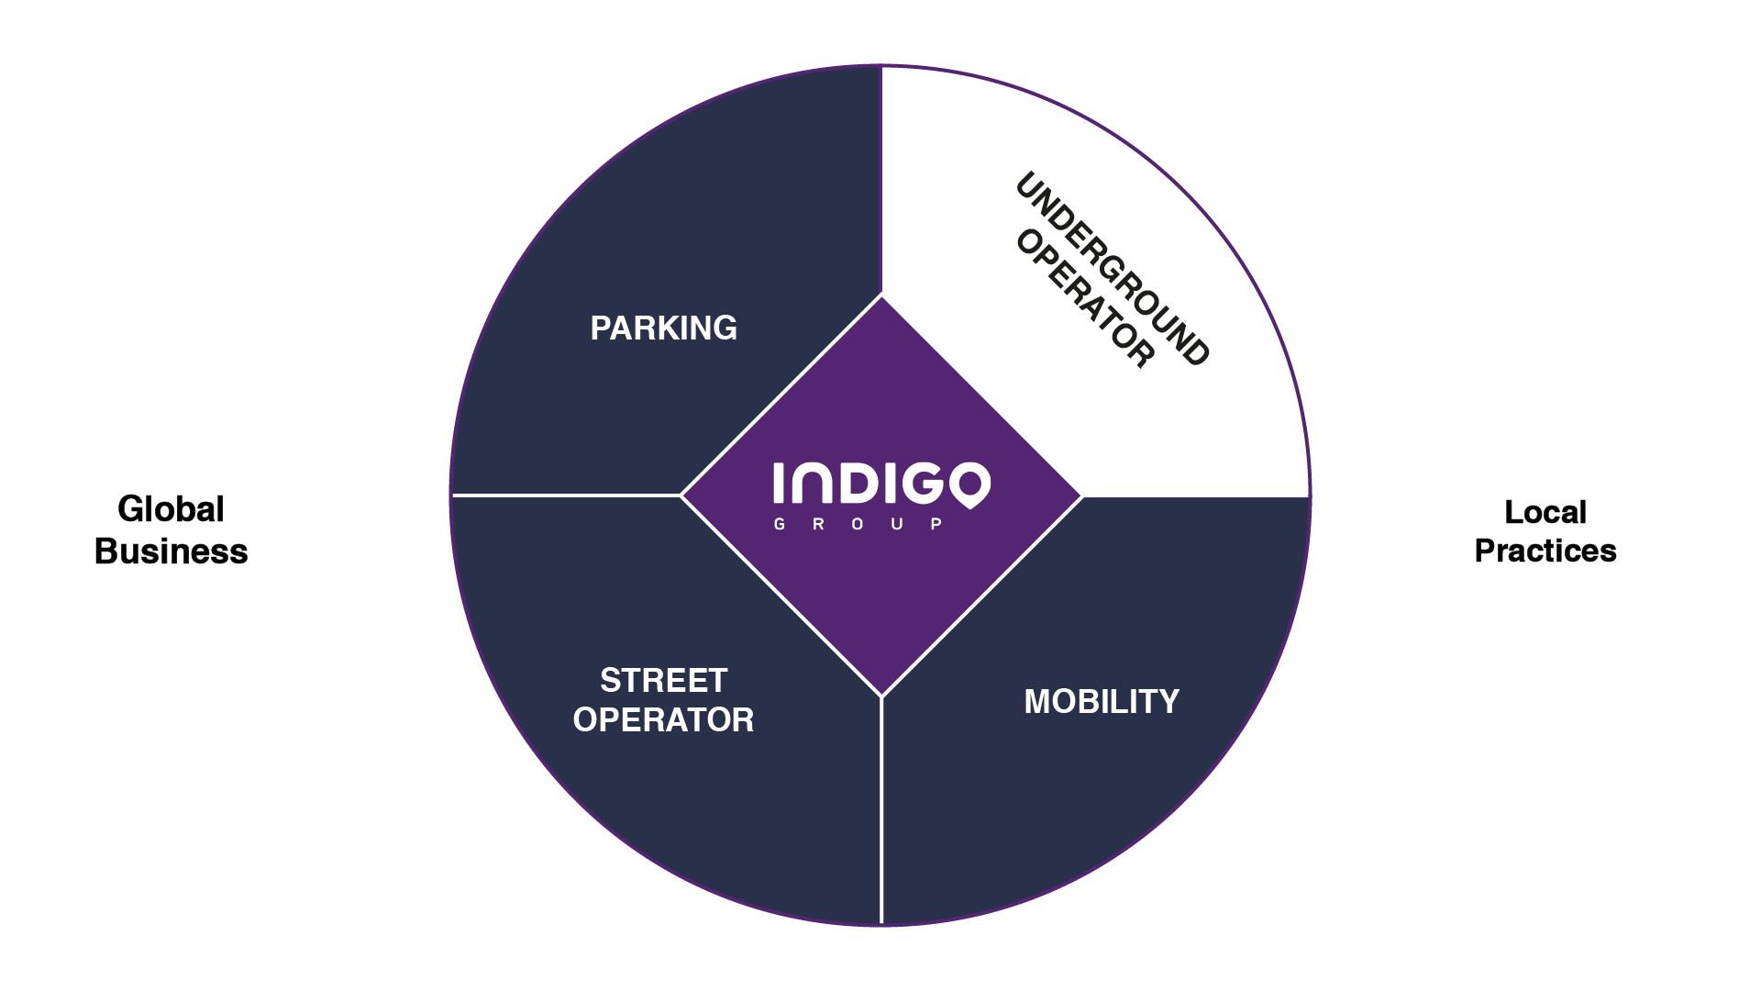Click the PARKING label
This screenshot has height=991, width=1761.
click(x=663, y=328)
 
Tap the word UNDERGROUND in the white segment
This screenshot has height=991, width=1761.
click(x=1113, y=269)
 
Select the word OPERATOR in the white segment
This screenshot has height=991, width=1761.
click(x=1084, y=299)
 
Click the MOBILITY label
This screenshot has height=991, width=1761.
click(x=1102, y=702)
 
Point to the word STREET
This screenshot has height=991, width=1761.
click(x=663, y=681)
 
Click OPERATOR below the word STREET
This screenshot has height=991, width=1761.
click(x=663, y=720)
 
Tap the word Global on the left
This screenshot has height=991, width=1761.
click(x=171, y=509)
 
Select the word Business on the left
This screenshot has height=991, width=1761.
click(x=171, y=551)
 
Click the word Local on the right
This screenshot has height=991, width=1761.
click(x=1545, y=512)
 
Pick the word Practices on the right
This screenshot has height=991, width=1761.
click(x=1545, y=551)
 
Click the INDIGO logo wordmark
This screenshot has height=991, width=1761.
click(x=880, y=484)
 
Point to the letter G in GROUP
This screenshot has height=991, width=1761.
click(x=780, y=525)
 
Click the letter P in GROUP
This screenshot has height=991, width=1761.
click(x=936, y=525)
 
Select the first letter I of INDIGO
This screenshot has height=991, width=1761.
click(x=780, y=483)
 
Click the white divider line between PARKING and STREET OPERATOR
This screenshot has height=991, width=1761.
click(x=565, y=495)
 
